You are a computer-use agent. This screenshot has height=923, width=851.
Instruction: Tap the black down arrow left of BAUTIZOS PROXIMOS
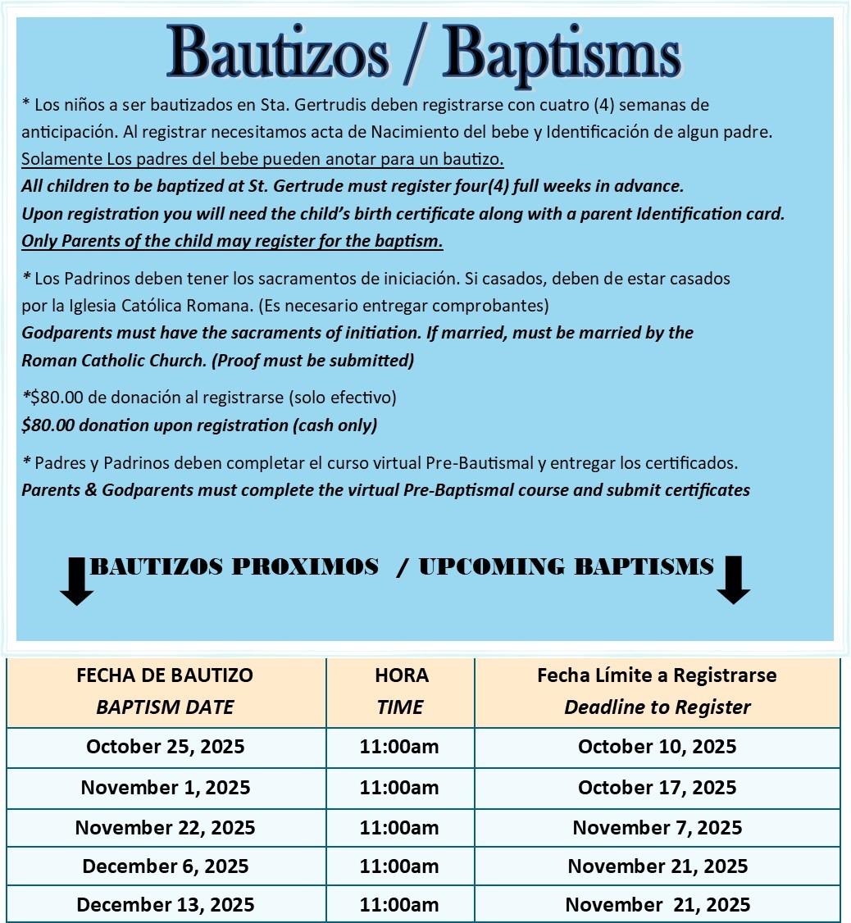point(77,581)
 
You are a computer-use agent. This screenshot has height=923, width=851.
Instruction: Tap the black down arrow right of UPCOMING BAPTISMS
point(733,580)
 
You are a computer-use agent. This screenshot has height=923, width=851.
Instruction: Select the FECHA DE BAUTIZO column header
point(165,675)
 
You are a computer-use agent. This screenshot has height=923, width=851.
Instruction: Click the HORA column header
point(401,675)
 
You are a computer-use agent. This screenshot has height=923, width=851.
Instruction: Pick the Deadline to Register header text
point(658,707)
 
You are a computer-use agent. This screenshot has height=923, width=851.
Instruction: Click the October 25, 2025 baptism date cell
point(165,747)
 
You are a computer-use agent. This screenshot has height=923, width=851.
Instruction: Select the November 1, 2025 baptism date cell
point(165,788)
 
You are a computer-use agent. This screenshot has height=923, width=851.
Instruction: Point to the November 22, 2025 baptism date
point(165,827)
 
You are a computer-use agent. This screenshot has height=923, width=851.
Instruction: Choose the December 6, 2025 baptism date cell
point(165,866)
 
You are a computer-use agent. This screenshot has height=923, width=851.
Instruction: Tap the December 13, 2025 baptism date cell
point(165,905)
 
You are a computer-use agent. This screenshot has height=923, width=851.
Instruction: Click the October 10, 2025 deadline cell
point(658,747)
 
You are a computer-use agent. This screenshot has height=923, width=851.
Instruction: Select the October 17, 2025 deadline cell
point(658,788)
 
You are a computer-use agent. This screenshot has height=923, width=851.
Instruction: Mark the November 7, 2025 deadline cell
point(658,827)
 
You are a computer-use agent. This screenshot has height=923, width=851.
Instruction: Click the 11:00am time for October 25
point(401,747)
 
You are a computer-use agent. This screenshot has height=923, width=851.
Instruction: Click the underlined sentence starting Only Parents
point(232,242)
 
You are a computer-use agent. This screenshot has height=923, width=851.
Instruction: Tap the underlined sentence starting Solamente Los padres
point(262,157)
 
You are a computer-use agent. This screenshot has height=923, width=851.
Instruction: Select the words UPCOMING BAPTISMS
point(566,566)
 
